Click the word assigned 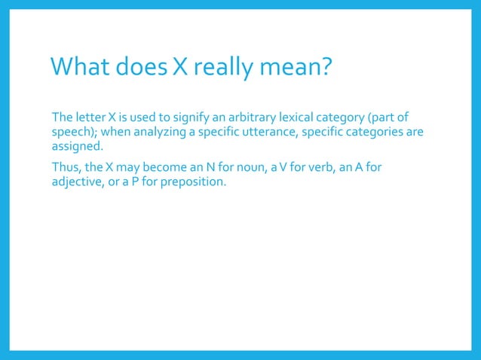pos(76,146)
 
